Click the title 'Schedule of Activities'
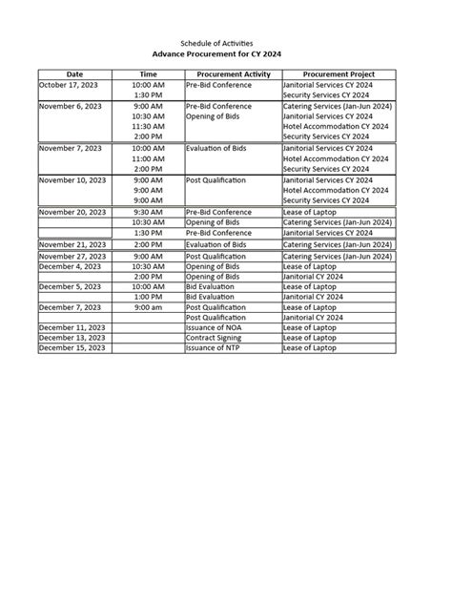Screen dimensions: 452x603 226,44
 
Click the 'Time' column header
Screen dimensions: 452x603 148,73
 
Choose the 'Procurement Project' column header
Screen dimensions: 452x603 338,73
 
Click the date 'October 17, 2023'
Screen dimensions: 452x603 69,85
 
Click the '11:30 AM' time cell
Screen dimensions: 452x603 148,127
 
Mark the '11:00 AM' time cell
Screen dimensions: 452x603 148,158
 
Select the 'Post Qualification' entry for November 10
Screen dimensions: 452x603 216,179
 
